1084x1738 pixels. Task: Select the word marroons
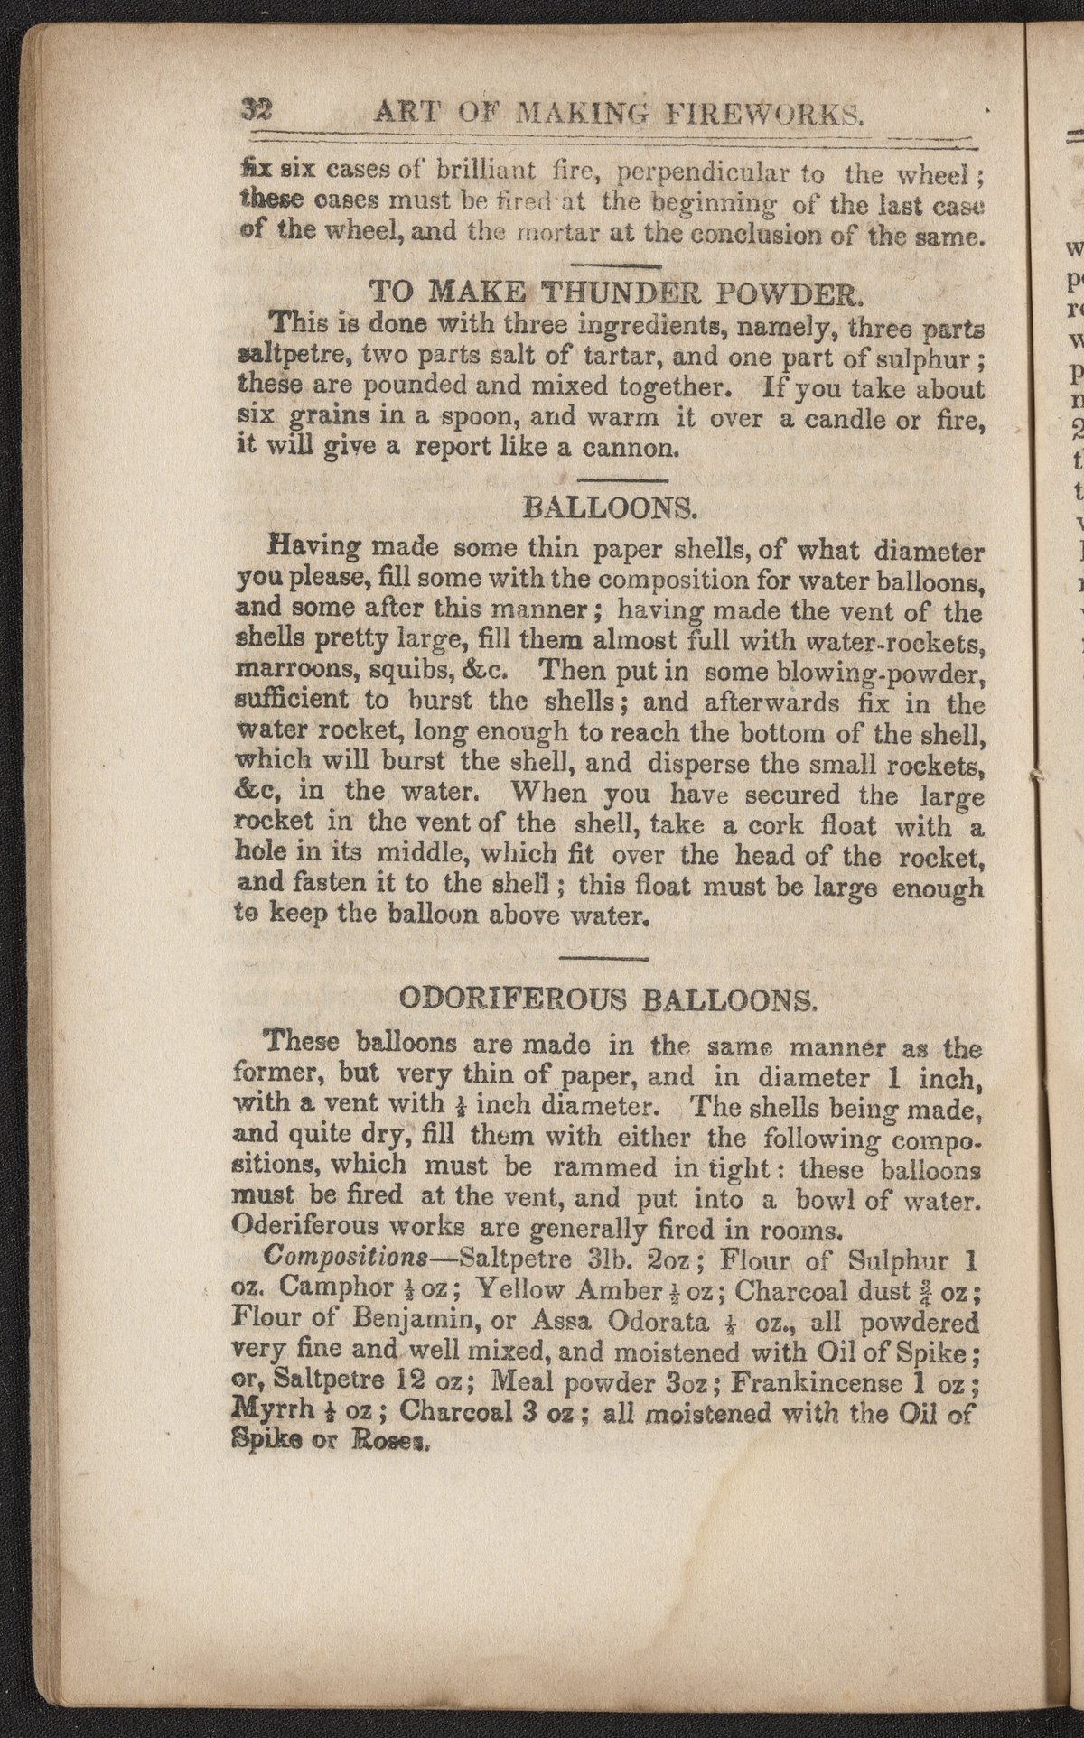[288, 671]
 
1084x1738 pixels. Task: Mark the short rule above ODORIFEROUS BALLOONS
[604, 958]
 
